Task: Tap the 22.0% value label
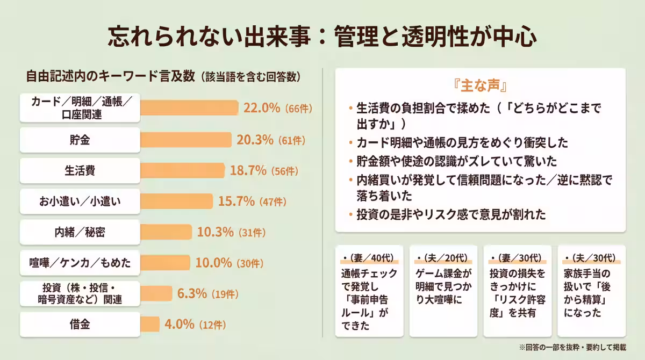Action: coord(262,107)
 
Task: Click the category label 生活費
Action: coord(80,171)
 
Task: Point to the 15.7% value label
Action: coord(236,201)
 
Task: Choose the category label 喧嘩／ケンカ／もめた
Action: coord(80,263)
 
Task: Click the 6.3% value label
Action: coord(192,293)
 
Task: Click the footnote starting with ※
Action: coord(572,348)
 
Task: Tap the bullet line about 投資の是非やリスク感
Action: coord(451,215)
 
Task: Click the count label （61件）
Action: coord(292,141)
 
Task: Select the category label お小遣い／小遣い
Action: coord(80,201)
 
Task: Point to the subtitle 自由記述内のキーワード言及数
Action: coord(110,76)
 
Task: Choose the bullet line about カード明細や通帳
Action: coord(462,143)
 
